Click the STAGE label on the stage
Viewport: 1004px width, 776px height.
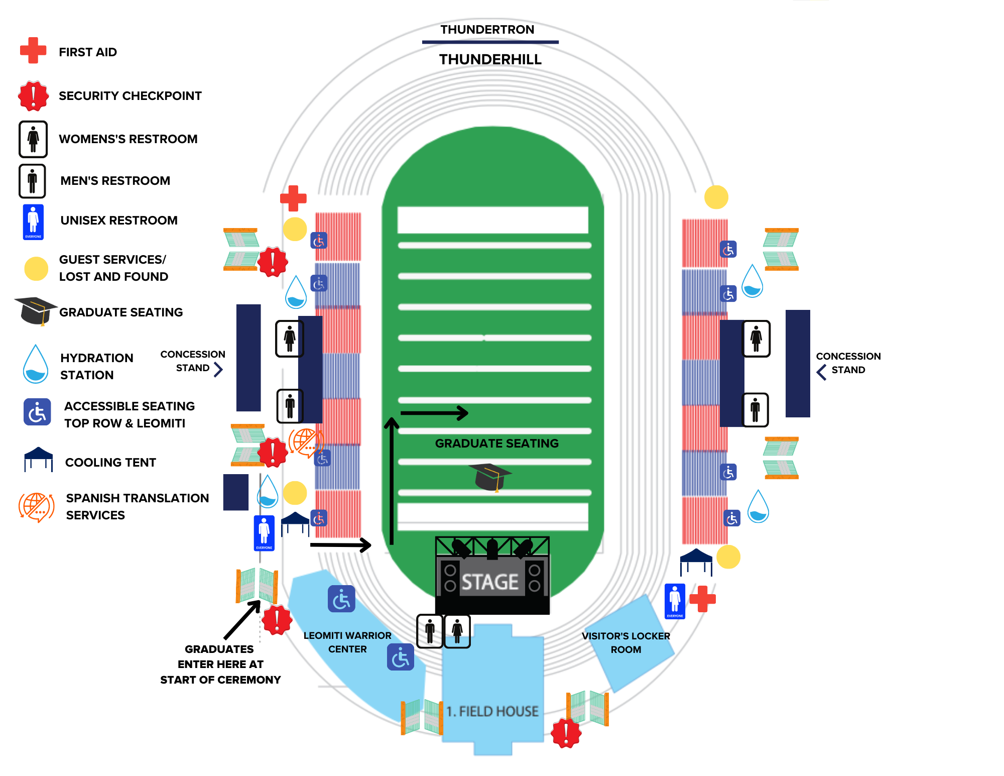pos(490,582)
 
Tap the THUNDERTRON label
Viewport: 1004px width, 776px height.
pos(487,30)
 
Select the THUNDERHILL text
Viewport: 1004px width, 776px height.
pos(490,59)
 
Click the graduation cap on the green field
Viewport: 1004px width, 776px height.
pos(490,477)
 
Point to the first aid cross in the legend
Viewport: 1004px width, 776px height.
pos(33,51)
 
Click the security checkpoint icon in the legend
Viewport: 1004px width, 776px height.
pos(33,95)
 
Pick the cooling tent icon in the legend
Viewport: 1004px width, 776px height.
pos(38,459)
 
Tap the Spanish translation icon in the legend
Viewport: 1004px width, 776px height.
pos(36,507)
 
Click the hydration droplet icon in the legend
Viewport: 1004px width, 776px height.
pos(36,364)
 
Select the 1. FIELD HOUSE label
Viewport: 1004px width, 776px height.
pos(492,711)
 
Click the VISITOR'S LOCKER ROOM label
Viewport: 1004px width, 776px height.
pos(625,642)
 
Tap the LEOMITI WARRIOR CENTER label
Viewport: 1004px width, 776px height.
pos(347,642)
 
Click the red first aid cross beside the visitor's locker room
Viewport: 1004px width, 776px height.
pos(702,599)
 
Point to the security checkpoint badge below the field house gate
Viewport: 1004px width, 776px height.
pos(566,733)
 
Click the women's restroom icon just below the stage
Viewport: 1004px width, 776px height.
pos(457,631)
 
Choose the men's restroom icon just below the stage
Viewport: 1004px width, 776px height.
pos(430,631)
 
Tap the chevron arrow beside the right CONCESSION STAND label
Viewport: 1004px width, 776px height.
pos(821,372)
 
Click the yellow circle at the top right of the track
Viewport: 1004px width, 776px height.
pos(716,197)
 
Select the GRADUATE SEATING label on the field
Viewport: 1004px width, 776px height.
pos(496,444)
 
